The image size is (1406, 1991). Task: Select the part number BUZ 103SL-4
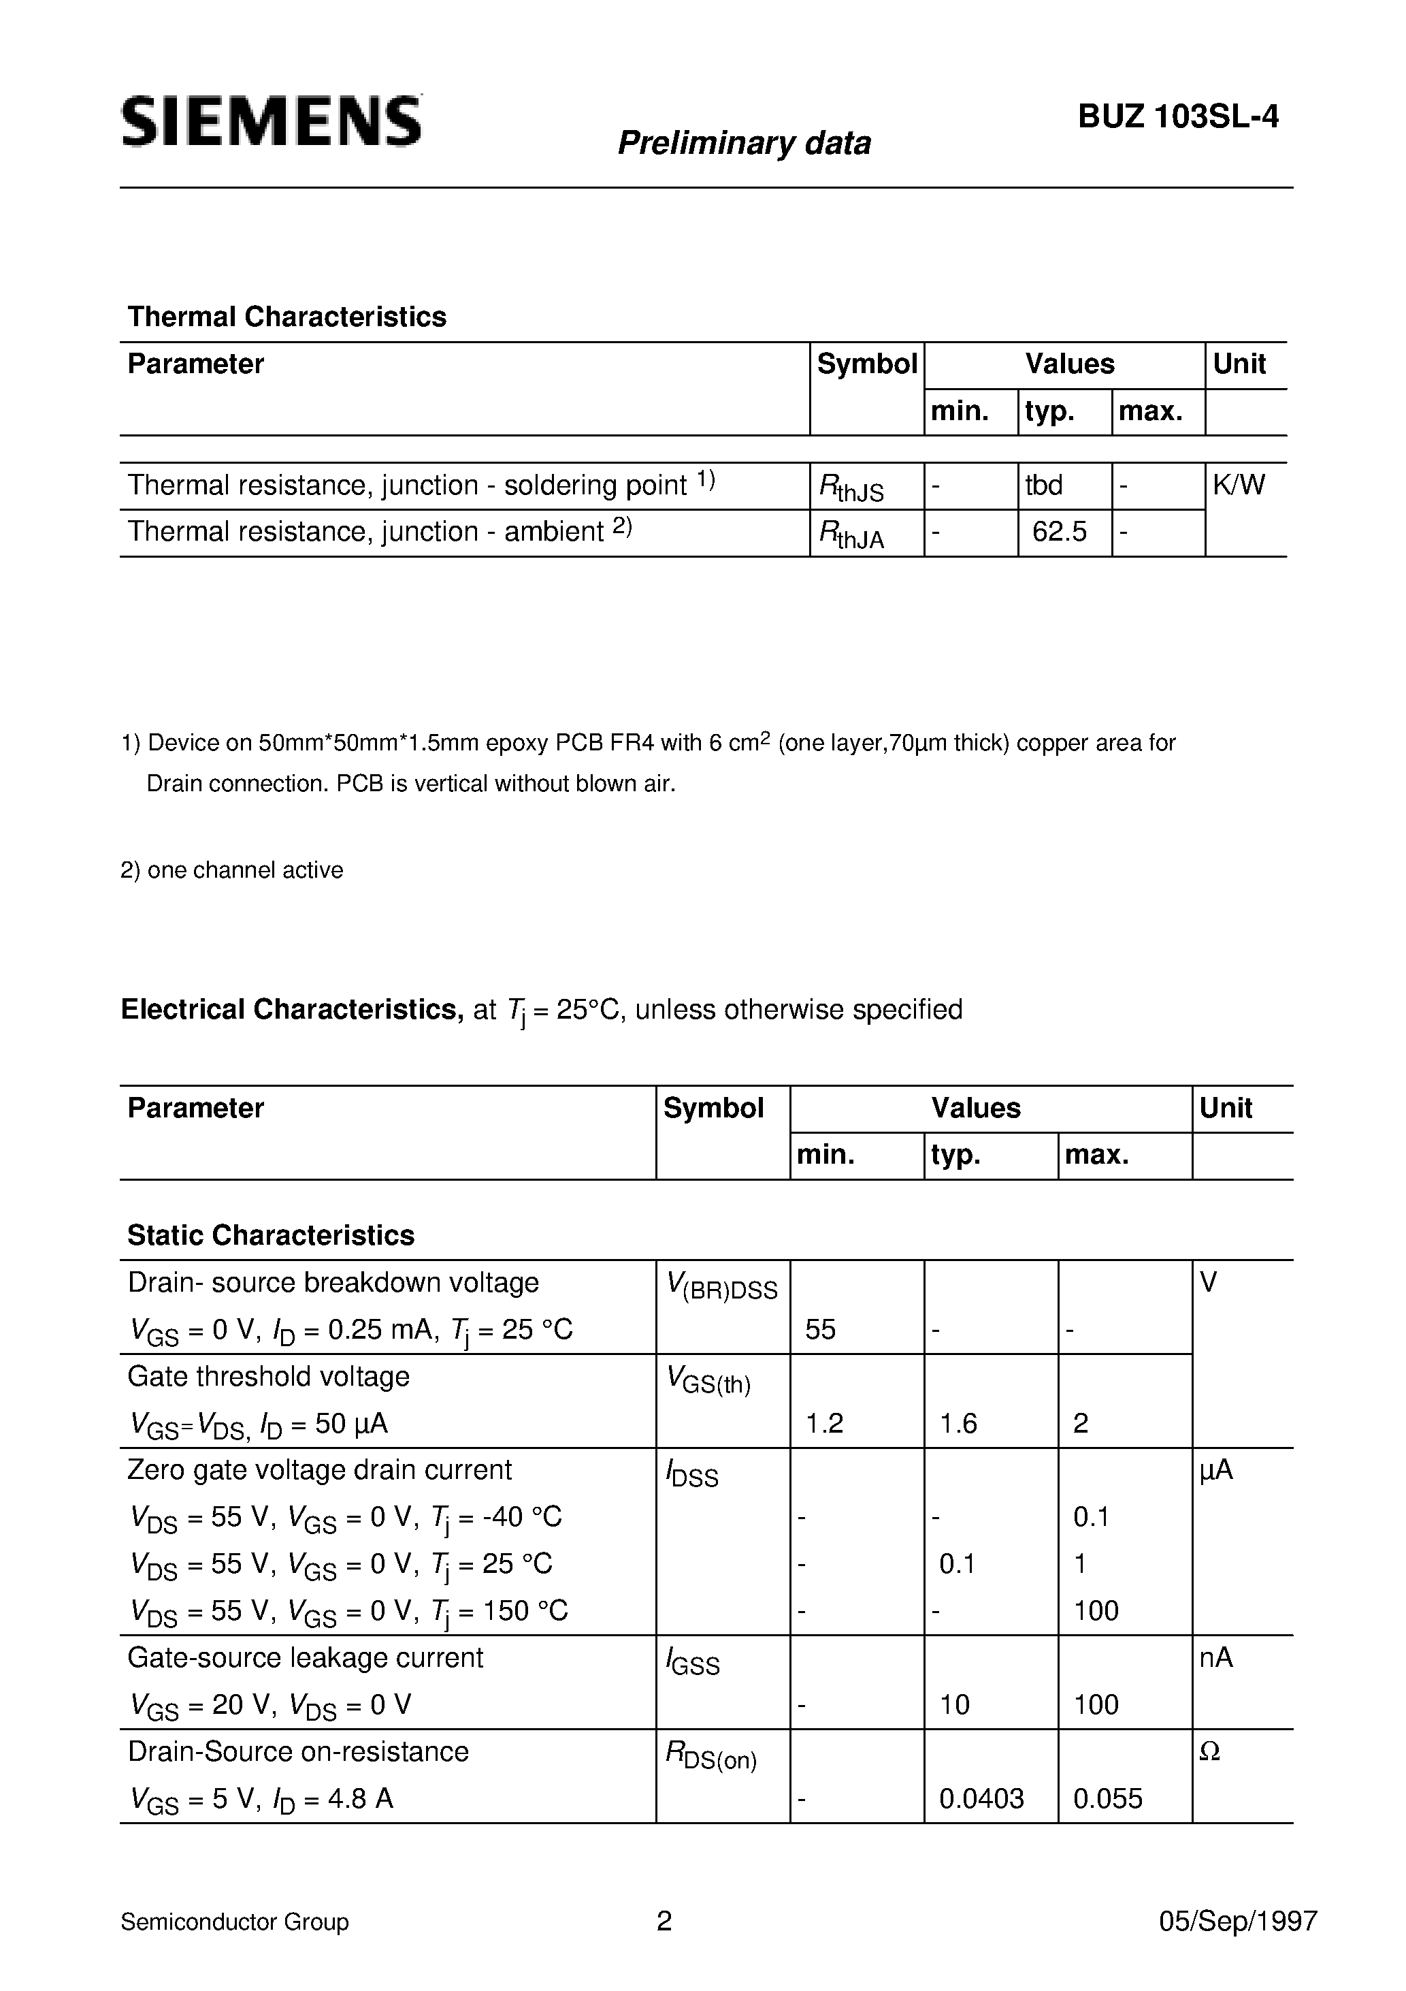pos(1177,117)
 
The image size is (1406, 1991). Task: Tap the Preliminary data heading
pos(744,143)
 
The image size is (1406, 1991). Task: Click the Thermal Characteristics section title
pos(287,317)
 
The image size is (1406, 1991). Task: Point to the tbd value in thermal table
pos(1044,485)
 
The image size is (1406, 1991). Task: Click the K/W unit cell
pos(1239,485)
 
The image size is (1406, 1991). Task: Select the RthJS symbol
pos(851,488)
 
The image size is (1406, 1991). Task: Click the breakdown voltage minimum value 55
pos(820,1329)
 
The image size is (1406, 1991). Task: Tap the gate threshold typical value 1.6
pos(958,1423)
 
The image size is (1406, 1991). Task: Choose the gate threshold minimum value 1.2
pos(824,1423)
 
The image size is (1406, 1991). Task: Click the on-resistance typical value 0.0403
pos(981,1798)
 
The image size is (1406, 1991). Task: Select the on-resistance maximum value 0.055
pos(1108,1798)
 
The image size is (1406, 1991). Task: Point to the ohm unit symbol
pos(1210,1752)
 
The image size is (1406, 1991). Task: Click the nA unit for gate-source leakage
pos(1215,1658)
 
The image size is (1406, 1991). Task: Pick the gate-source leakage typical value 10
pos(954,1705)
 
